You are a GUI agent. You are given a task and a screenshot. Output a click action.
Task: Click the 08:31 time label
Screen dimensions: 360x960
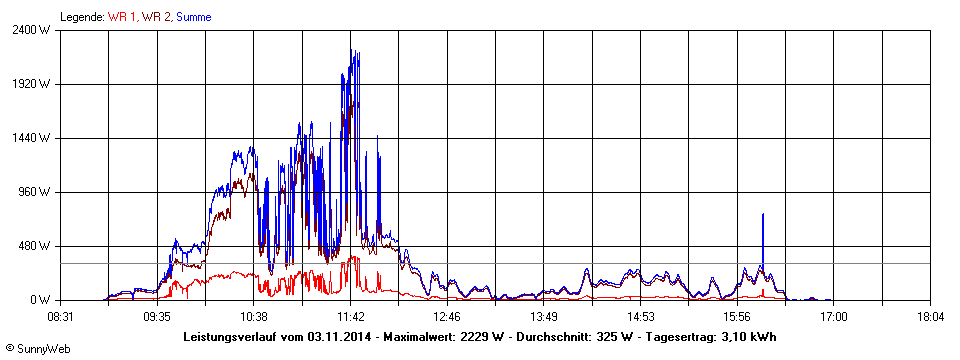click(60, 316)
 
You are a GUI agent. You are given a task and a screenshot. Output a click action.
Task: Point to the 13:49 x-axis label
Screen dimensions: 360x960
click(544, 316)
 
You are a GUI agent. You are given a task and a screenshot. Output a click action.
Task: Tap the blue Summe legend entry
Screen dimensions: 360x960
click(193, 17)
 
